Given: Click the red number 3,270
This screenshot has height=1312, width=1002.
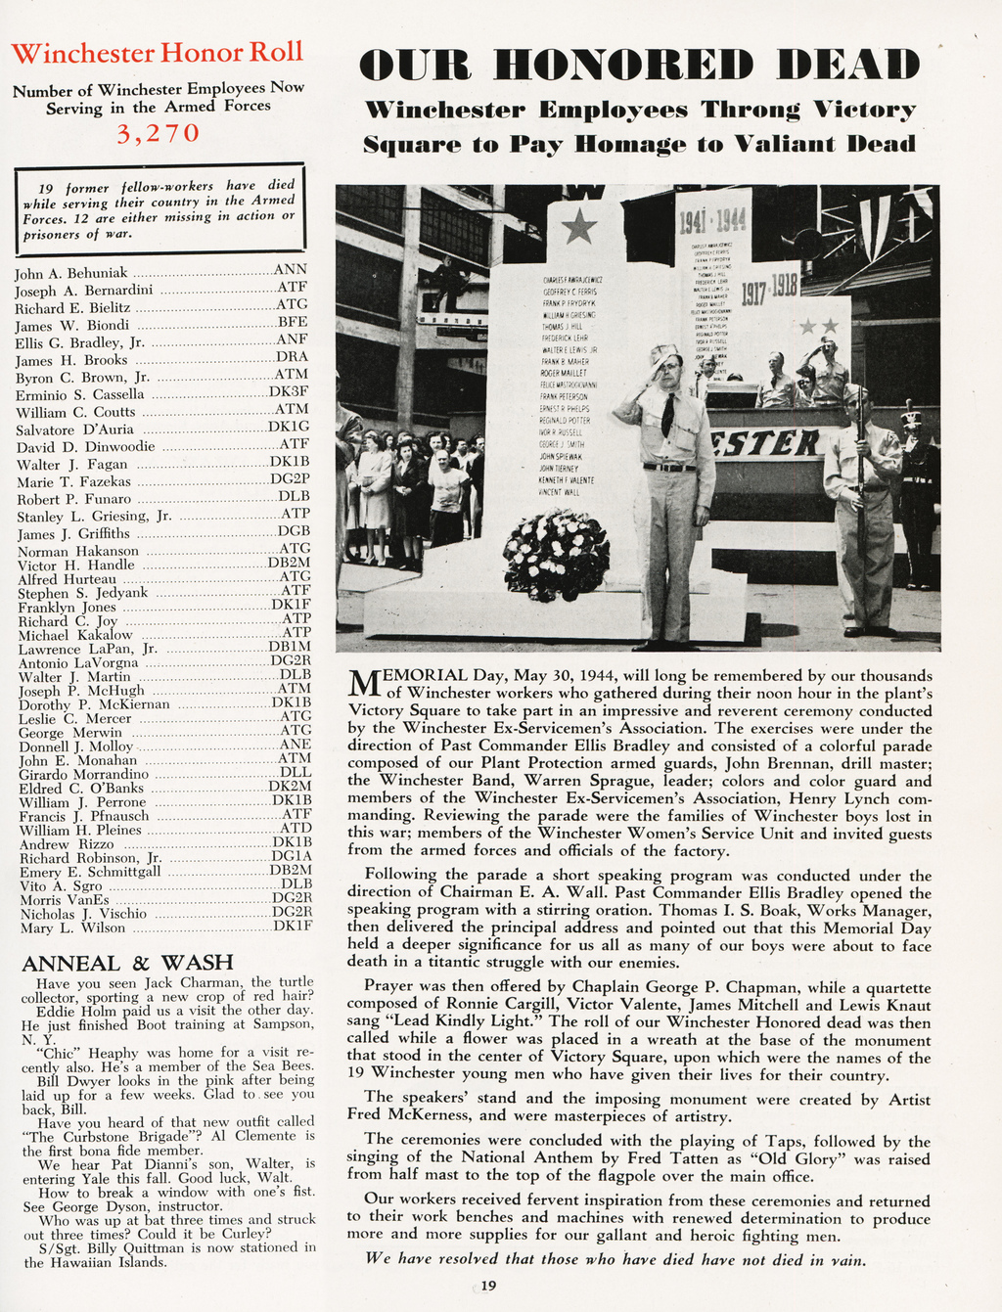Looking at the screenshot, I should coord(159,133).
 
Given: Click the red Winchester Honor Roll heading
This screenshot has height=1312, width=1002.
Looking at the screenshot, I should coord(158,53).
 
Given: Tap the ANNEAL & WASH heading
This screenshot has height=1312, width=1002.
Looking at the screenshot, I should coord(127,963).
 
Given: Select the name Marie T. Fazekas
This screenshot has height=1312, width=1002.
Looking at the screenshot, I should coord(73,481).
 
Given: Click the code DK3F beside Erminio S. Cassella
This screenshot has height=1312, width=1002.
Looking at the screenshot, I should coord(289,392).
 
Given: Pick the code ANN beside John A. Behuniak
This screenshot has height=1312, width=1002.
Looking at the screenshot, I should coord(291,269).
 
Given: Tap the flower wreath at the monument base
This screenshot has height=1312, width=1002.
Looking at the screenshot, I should coord(556,555).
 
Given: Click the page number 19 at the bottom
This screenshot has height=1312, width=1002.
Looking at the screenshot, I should coord(489,1286).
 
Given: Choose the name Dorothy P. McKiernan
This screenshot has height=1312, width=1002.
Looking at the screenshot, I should coord(93,704).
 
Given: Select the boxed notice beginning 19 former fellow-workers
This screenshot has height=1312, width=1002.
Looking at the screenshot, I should coord(159,208).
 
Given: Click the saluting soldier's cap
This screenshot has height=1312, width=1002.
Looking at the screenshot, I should coord(663,352).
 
